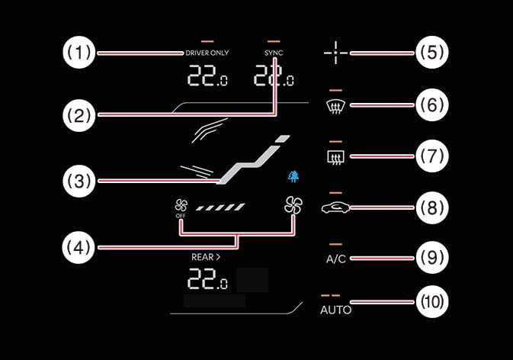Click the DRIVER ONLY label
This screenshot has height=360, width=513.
[x=207, y=53]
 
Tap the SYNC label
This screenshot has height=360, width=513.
[x=274, y=53]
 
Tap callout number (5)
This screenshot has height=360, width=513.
[x=431, y=53]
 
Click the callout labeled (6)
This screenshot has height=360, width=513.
[x=431, y=105]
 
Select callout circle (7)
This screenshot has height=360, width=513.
[x=431, y=156]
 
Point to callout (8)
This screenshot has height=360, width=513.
[x=431, y=207]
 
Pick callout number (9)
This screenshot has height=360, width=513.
[x=431, y=258]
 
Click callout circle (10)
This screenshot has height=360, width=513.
[x=431, y=303]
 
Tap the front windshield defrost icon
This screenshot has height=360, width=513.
[x=336, y=106]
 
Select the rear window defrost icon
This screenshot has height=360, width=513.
[x=336, y=157]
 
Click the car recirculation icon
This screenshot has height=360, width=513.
[x=336, y=207]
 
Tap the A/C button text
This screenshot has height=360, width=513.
[x=336, y=259]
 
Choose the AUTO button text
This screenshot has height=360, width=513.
[x=336, y=310]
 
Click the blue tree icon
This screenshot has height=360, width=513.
[x=293, y=176]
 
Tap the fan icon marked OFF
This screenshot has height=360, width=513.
[x=181, y=206]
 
